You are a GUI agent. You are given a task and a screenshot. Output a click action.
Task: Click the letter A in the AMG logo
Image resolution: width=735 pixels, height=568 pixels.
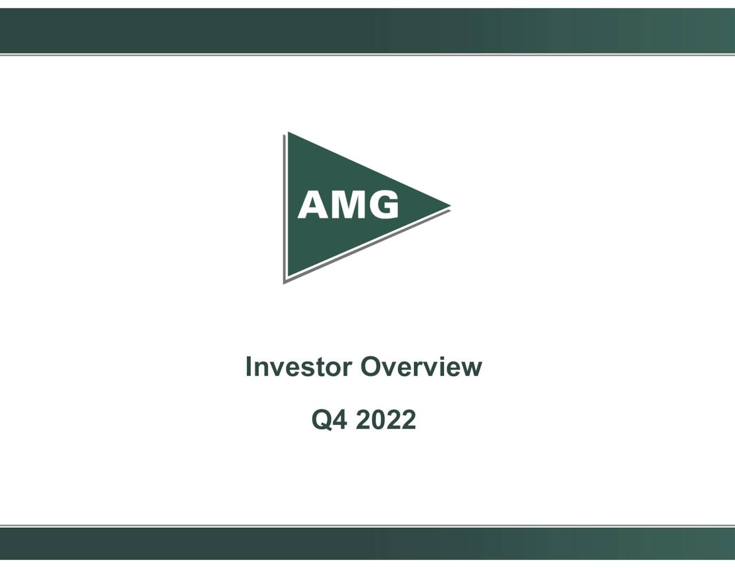click(312, 205)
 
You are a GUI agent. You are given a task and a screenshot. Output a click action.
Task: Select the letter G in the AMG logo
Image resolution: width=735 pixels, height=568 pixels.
click(382, 205)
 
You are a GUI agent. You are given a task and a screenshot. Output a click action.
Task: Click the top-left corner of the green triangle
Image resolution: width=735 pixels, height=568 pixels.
click(289, 134)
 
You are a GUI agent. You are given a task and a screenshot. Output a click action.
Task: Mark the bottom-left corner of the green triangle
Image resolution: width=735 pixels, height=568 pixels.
click(289, 277)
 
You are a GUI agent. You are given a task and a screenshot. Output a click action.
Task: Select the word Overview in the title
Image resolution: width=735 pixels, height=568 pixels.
click(421, 366)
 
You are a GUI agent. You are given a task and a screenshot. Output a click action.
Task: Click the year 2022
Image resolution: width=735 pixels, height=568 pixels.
click(386, 420)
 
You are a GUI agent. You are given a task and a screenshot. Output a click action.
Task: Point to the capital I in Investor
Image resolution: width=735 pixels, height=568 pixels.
click(249, 366)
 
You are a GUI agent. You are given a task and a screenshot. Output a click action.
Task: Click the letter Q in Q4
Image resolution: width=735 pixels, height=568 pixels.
click(322, 420)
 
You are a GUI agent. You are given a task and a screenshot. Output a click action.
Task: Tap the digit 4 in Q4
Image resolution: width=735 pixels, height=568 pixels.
click(341, 420)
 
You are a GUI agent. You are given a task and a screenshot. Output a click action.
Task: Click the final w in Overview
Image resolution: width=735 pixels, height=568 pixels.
click(473, 369)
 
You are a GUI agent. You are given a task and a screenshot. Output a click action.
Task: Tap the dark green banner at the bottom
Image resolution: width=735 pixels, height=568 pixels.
click(367, 543)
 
